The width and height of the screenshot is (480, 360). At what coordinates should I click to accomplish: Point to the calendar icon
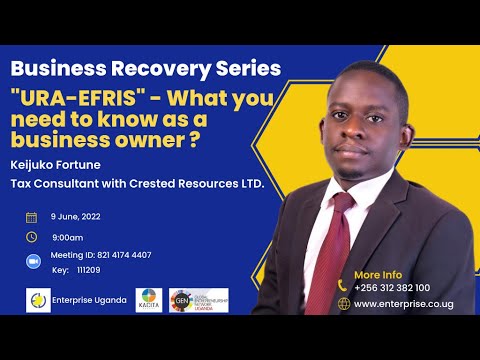tap(31, 217)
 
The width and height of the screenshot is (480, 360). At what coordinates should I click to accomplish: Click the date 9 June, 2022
tap(76, 217)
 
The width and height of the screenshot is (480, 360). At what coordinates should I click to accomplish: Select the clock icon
tap(31, 237)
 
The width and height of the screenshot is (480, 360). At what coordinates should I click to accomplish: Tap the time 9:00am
tap(68, 237)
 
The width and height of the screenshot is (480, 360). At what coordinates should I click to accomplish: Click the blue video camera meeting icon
tap(31, 260)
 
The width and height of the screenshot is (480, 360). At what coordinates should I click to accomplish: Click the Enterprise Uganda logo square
tap(38, 300)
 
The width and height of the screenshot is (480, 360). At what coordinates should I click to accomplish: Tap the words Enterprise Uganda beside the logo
tap(90, 300)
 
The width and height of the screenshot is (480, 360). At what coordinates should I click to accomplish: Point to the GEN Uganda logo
tap(194, 300)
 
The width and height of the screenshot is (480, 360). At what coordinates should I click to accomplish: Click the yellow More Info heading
tap(377, 273)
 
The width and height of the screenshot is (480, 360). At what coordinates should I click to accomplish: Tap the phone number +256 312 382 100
tap(392, 287)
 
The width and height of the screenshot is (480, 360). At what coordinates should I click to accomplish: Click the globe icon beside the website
tap(343, 303)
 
